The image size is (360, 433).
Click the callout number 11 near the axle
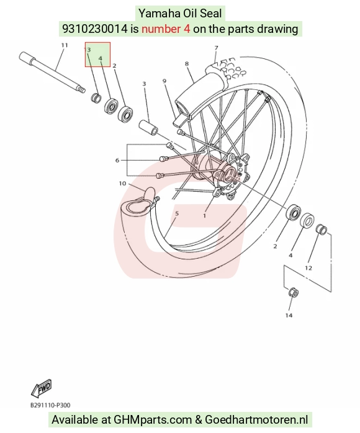64,45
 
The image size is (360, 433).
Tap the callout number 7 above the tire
216,48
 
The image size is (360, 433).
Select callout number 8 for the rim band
187,64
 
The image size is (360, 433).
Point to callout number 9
164,81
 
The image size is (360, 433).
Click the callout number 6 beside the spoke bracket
117,160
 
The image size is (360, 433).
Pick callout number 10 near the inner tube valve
122,184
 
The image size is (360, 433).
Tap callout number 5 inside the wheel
177,213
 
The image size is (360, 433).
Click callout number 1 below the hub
204,215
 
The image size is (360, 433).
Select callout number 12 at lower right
308,267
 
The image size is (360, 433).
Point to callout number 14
289,315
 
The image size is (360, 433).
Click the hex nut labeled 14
293,292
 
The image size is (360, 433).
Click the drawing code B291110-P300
50,405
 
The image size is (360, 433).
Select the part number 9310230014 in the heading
95,29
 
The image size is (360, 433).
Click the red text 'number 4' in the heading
166,29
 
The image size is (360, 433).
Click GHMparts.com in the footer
153,419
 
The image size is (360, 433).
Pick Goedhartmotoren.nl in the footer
256,419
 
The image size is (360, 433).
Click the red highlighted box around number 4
97,42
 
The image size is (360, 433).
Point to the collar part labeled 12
322,230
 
